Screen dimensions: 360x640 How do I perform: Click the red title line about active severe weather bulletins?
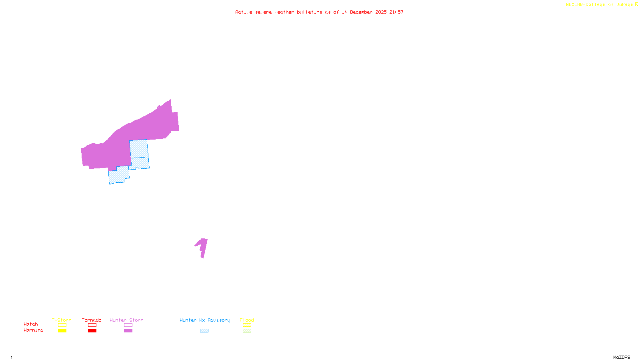319,12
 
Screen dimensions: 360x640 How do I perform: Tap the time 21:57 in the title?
396,12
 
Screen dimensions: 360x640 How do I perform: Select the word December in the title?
361,12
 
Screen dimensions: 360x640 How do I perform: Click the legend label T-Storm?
62,320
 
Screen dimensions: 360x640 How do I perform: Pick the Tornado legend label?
92,320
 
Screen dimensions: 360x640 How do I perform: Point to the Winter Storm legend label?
126,320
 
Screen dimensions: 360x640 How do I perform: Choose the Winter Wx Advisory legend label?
205,320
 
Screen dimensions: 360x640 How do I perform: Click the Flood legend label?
247,320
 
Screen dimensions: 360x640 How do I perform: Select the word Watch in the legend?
31,324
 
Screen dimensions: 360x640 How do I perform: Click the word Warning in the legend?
33,330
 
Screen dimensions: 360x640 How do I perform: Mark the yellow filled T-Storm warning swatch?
62,331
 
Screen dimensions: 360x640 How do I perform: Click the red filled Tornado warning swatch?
92,331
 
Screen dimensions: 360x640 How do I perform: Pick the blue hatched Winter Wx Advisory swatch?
204,331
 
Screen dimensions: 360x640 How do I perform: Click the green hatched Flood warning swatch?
247,331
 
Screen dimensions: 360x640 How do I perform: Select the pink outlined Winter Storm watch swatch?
128,325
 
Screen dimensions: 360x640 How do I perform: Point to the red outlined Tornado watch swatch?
92,325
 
